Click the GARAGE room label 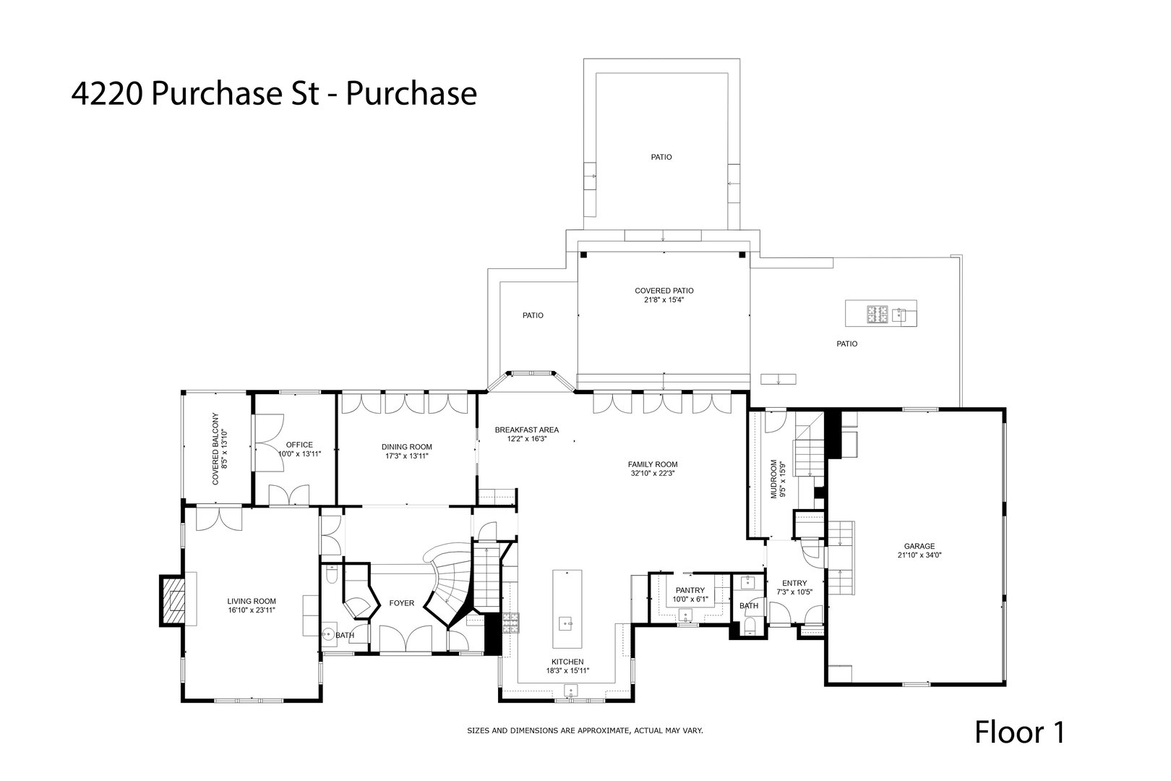coord(919,546)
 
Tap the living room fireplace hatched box coord(172,600)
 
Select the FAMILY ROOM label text coord(653,464)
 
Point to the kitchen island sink coord(566,622)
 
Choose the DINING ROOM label coord(407,447)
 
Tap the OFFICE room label coord(299,445)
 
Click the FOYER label coord(402,603)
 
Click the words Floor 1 coord(1020,733)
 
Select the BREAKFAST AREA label coord(526,430)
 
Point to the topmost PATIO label coord(661,156)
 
